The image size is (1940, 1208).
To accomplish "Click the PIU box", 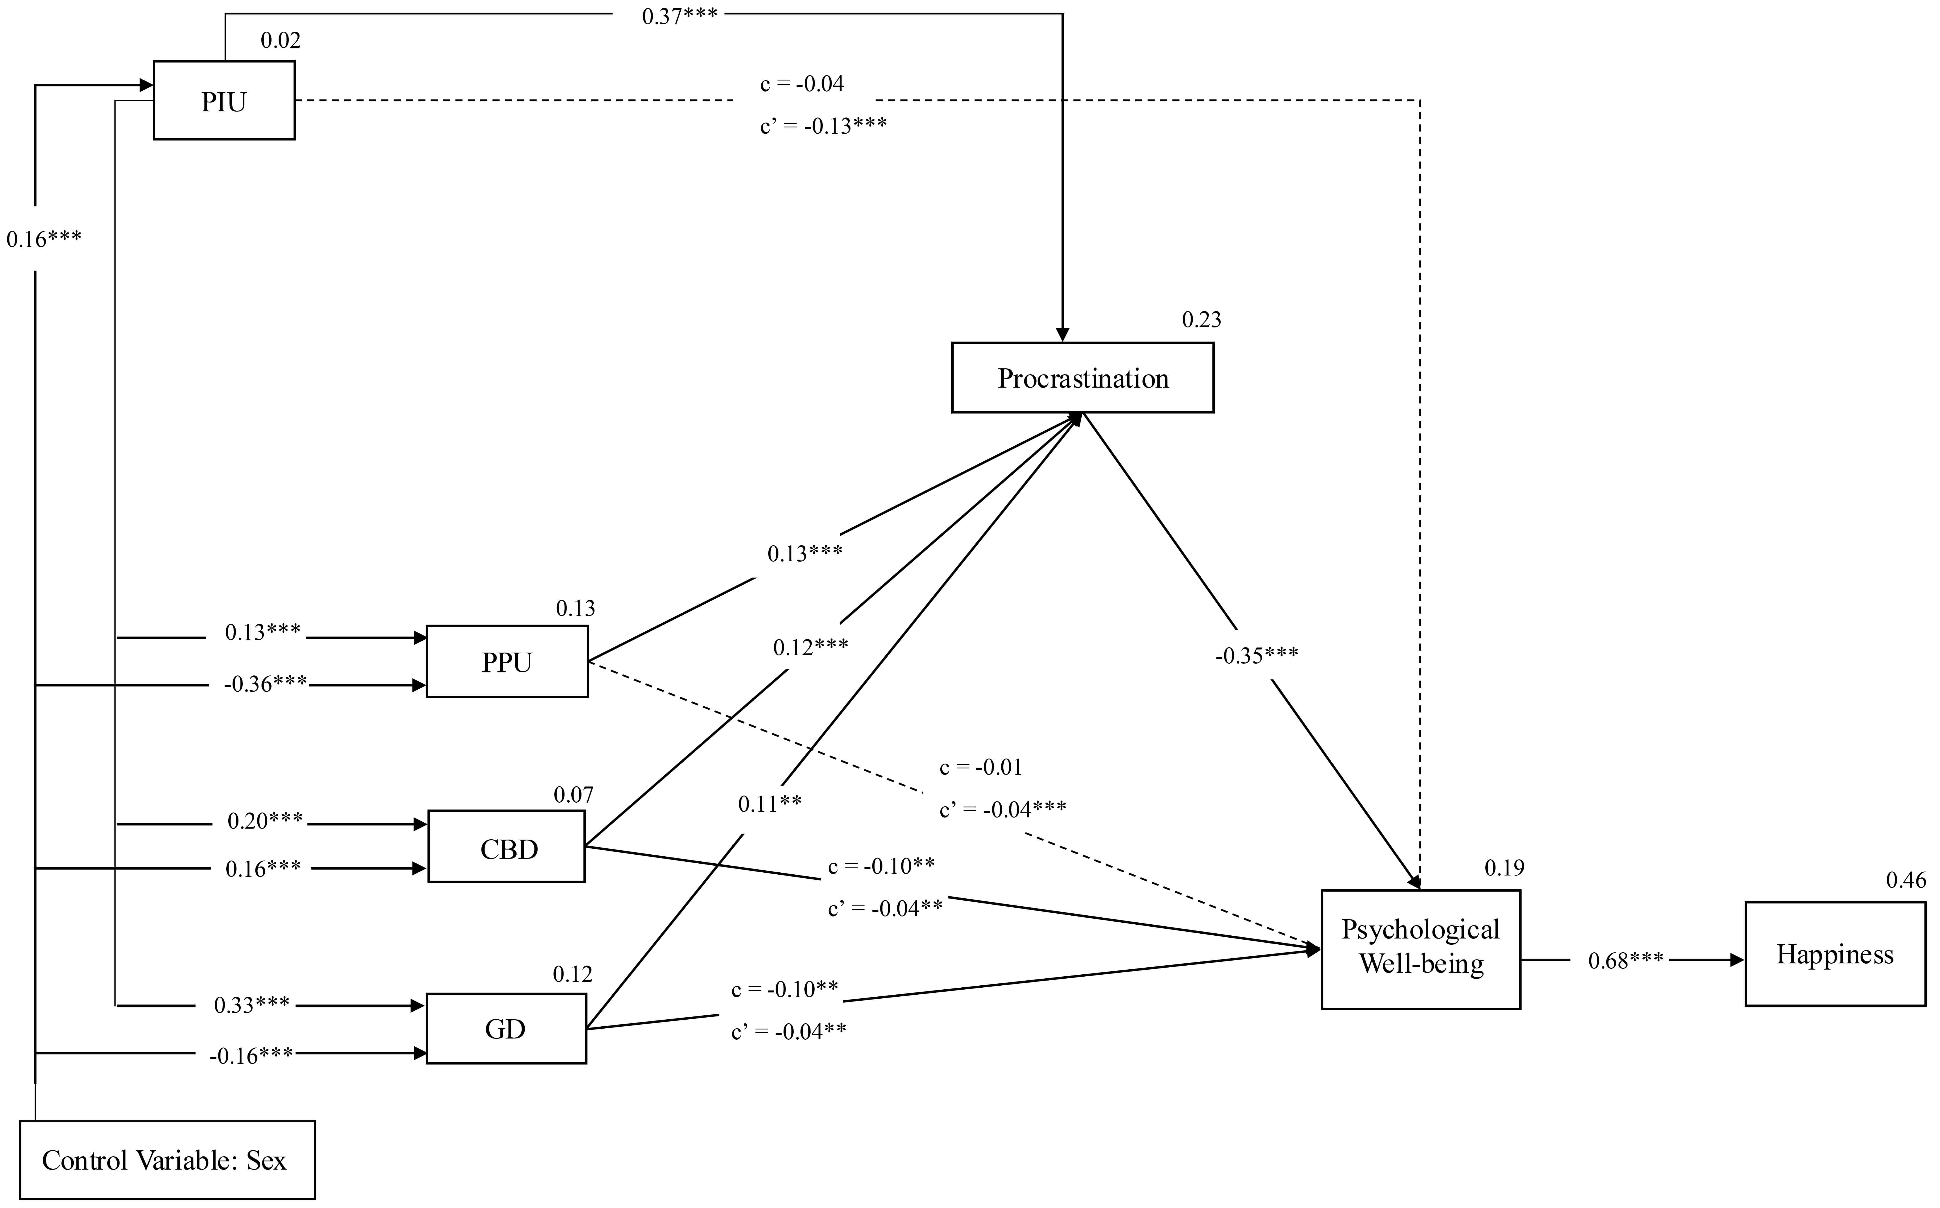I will pyautogui.click(x=224, y=101).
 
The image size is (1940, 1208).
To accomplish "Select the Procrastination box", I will pyautogui.click(x=1083, y=378).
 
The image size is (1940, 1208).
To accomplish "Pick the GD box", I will pyautogui.click(x=506, y=1028).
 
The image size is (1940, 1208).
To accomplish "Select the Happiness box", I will pyautogui.click(x=1835, y=954).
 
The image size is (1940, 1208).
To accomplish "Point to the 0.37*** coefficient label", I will pyautogui.click(x=679, y=16).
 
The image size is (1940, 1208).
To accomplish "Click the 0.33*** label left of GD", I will pyautogui.click(x=252, y=1005).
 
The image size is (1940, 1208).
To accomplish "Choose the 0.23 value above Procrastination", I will pyautogui.click(x=1201, y=320).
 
